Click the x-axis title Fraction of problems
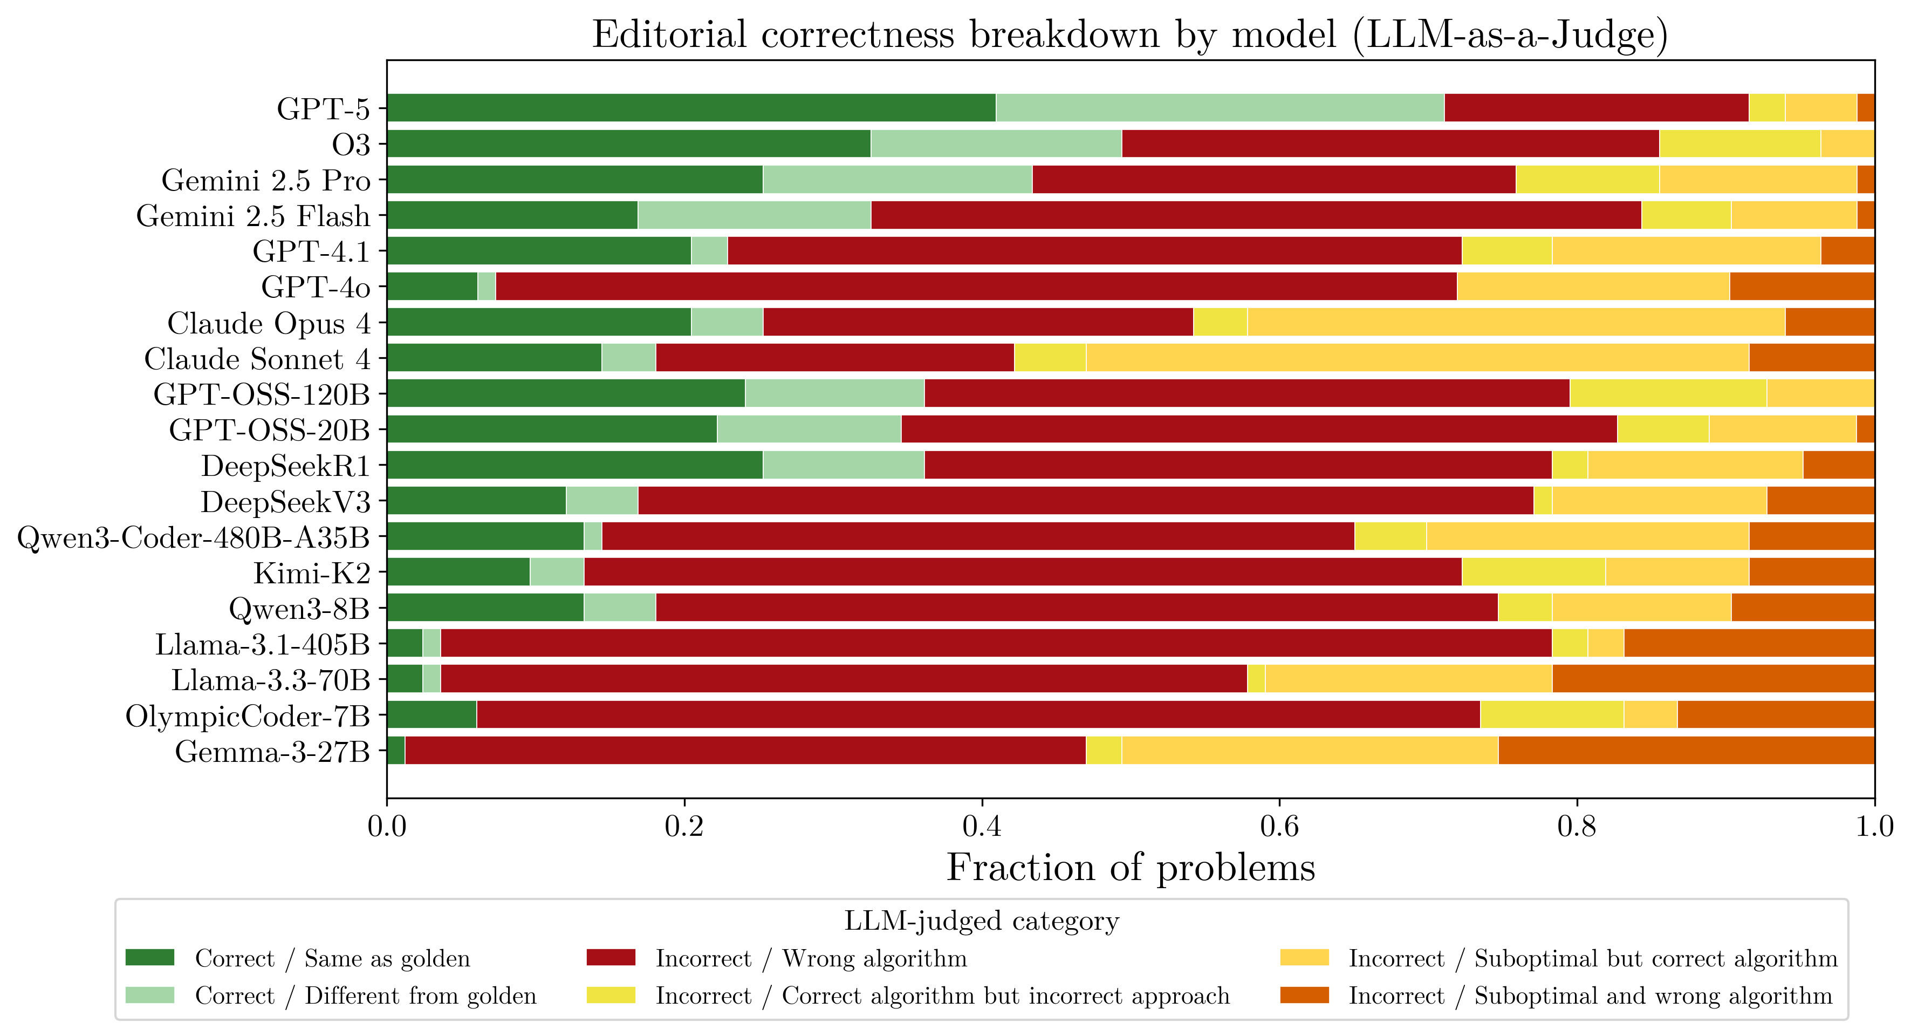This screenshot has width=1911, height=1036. point(1130,867)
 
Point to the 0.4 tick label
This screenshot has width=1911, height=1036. point(982,825)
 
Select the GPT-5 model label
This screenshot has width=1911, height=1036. point(323,108)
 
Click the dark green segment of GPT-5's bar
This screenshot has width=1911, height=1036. point(690,107)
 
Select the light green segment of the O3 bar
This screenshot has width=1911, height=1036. point(996,143)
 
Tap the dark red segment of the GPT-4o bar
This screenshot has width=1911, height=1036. point(976,287)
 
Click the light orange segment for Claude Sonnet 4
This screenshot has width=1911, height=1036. point(1417,358)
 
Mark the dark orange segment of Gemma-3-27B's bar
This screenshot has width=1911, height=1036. point(1686,750)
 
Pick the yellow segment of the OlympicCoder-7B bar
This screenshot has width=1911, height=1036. point(1551,714)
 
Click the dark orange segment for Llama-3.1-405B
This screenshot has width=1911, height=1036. point(1749,643)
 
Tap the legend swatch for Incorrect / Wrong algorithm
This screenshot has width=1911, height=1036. point(610,957)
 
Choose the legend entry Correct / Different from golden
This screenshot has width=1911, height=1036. point(365,995)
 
